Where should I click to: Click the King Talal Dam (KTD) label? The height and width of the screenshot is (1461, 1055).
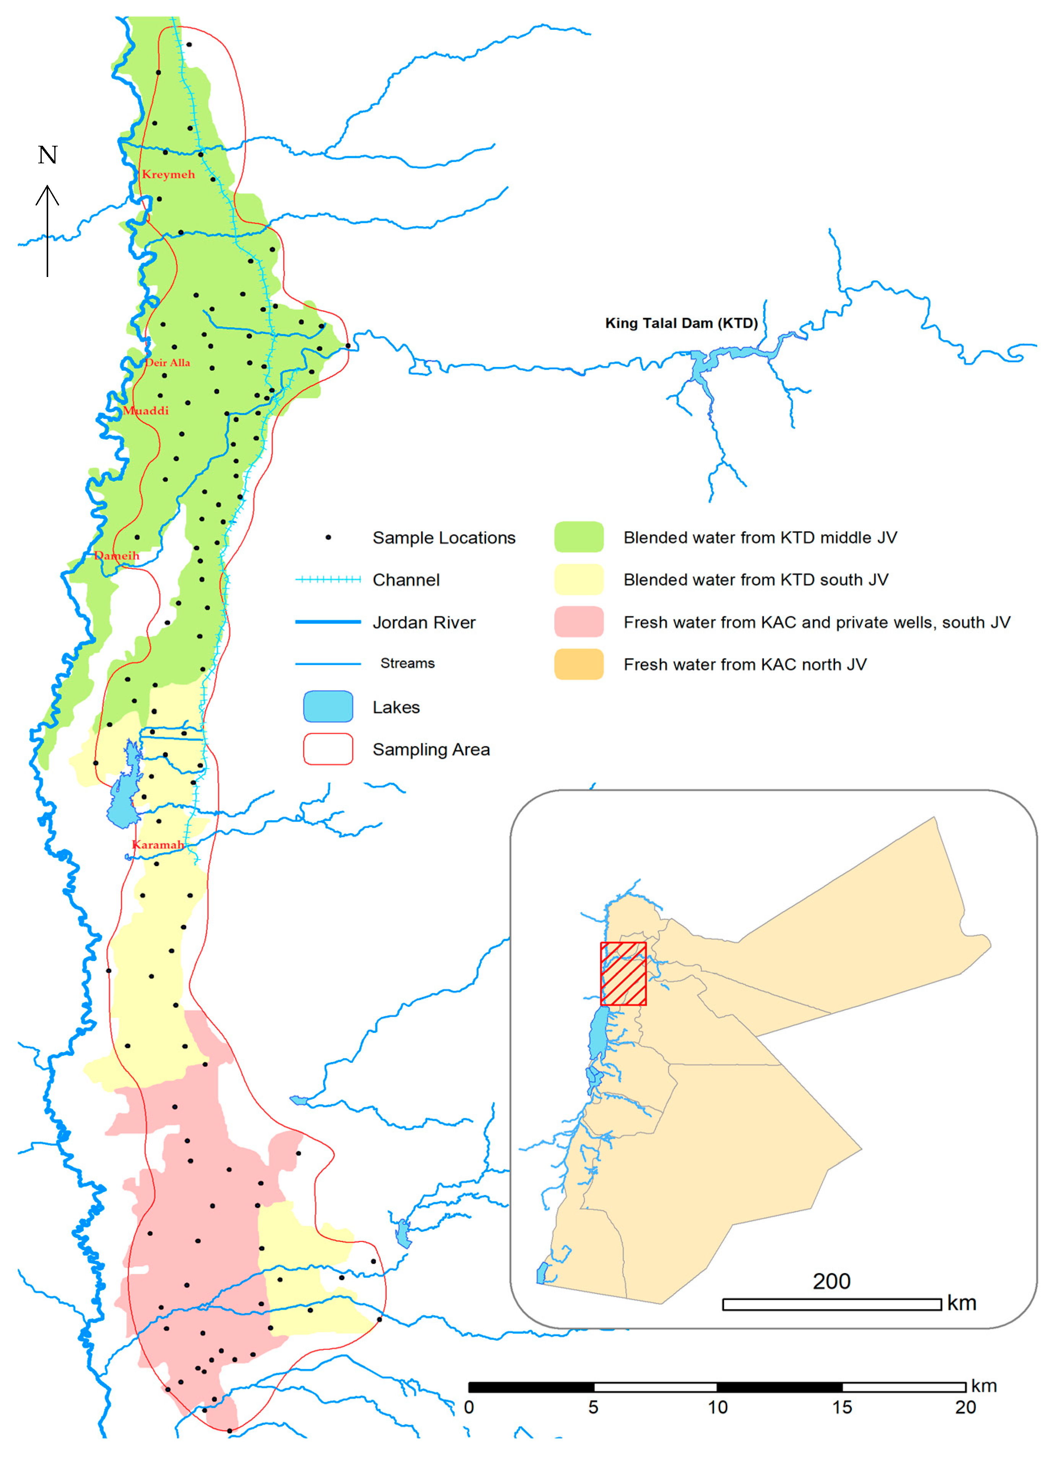coord(681,323)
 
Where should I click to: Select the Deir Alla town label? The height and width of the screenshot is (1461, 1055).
coord(168,363)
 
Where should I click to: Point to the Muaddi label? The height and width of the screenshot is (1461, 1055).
coord(146,410)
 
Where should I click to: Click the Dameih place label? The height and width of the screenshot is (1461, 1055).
coord(117,555)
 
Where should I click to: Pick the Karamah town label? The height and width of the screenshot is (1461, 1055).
coord(158,845)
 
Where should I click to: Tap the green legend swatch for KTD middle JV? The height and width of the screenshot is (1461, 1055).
coord(578,537)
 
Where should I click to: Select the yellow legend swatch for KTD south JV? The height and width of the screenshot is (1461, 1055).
coord(578,579)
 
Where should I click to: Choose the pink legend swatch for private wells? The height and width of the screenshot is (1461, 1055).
coord(578,622)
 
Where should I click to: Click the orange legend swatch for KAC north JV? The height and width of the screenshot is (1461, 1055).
coord(578,664)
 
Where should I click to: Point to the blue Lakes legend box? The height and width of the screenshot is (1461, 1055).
coord(328,707)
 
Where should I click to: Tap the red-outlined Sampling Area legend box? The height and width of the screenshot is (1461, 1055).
coord(328,749)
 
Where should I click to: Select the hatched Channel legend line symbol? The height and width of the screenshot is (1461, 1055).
coord(328,580)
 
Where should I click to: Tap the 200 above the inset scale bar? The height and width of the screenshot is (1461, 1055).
coord(831,1281)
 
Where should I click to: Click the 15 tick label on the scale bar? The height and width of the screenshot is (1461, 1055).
coord(842,1407)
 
